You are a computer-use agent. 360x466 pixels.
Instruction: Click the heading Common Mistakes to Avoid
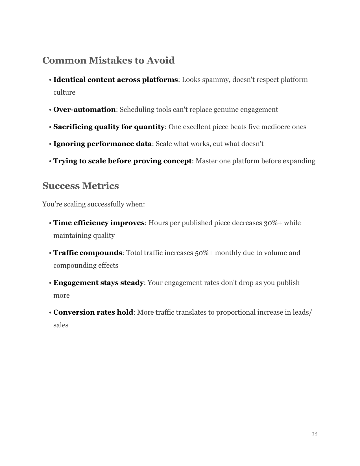pos(108,60)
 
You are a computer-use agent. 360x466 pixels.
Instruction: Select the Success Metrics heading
pos(80,186)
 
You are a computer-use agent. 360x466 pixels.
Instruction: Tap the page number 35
pos(315,434)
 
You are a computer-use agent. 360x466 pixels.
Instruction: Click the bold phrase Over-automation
pos(84,110)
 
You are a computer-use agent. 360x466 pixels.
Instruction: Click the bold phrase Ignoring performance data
pos(102,144)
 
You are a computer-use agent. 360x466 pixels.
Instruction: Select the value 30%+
pos(272,223)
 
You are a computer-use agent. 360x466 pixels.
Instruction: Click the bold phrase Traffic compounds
pos(88,253)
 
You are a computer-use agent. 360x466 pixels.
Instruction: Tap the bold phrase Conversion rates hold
pos(93,312)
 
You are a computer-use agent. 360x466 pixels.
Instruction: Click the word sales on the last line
pos(61,325)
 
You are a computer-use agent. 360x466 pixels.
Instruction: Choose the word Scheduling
pos(137,110)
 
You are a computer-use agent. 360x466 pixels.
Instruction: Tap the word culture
pos(64,92)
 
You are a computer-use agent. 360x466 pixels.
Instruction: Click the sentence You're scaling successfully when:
pos(93,204)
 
